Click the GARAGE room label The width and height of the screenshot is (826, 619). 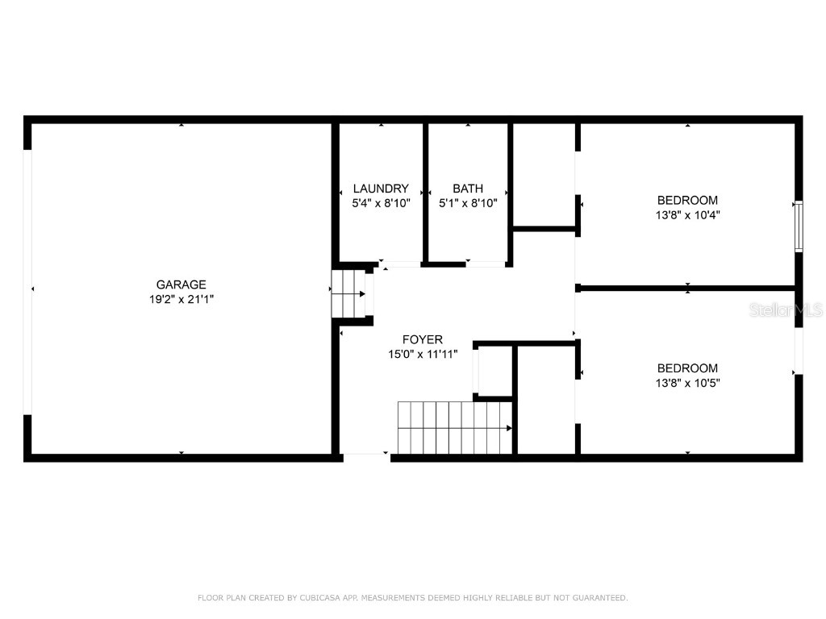click(x=181, y=285)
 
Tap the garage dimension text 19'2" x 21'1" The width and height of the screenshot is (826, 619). click(x=181, y=299)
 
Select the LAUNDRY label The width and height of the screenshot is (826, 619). click(x=381, y=189)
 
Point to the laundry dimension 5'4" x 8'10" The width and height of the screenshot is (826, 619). click(x=382, y=204)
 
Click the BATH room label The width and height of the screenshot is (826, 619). click(x=467, y=189)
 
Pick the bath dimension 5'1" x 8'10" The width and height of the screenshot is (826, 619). click(x=468, y=204)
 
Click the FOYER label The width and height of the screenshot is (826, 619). click(x=423, y=340)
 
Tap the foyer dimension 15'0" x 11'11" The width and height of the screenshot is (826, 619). click(x=423, y=355)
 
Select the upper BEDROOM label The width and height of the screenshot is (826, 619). click(x=687, y=200)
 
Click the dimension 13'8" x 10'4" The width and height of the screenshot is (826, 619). click(x=687, y=215)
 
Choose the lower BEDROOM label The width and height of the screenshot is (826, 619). click(x=687, y=368)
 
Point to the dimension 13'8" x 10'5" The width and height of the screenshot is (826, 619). click(x=687, y=384)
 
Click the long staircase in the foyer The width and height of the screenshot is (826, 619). click(x=455, y=428)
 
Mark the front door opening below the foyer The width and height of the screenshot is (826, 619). click(x=366, y=456)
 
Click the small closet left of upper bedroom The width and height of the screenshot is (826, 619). click(x=543, y=174)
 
